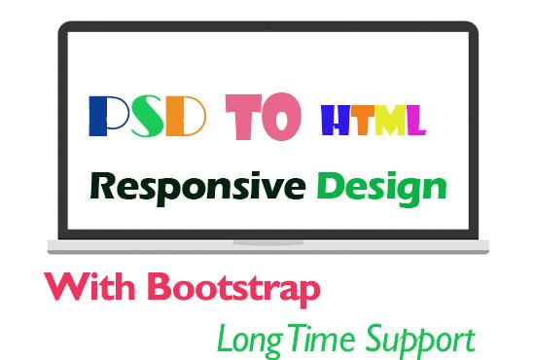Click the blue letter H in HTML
pos(336,122)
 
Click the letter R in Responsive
pos(100,185)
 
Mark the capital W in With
pos(61,288)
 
